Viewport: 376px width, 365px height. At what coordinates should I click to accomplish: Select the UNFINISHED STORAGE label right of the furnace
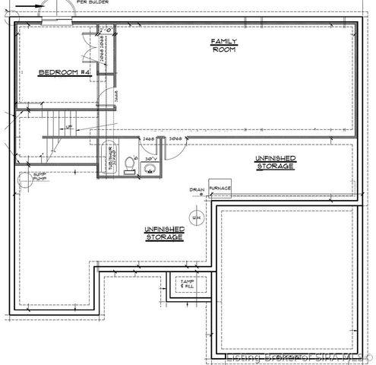point(276,161)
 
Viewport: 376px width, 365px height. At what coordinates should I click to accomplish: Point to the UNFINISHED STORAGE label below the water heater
point(163,233)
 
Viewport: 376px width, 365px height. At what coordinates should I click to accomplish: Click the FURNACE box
point(220,188)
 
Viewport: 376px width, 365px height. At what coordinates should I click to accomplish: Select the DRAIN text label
point(197,189)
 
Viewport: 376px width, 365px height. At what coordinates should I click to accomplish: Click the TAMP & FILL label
point(187,284)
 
